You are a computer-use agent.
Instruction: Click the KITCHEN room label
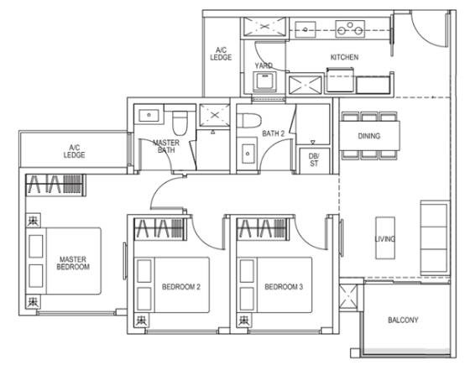[344, 57]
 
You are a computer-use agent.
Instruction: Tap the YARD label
[264, 65]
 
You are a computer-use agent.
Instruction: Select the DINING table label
[369, 136]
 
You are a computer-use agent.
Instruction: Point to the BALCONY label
[403, 320]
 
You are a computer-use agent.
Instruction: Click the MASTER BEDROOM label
[73, 263]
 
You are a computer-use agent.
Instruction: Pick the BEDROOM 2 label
[181, 287]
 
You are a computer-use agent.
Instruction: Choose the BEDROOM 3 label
[284, 287]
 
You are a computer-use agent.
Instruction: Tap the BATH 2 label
[273, 133]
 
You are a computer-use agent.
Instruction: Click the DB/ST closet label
[314, 159]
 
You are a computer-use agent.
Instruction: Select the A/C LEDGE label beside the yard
[221, 54]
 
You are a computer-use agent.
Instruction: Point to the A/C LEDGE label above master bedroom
[74, 151]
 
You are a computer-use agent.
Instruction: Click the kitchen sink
[306, 29]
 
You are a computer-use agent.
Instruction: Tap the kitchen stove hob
[350, 29]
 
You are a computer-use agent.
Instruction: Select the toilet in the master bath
[180, 123]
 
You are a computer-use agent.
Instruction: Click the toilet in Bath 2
[249, 120]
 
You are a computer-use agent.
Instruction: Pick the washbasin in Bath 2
[248, 154]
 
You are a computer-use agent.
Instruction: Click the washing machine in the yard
[265, 81]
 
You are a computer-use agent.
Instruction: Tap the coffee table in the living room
[385, 238]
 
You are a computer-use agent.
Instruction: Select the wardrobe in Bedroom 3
[262, 228]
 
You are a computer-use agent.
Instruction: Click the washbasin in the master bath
[149, 115]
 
